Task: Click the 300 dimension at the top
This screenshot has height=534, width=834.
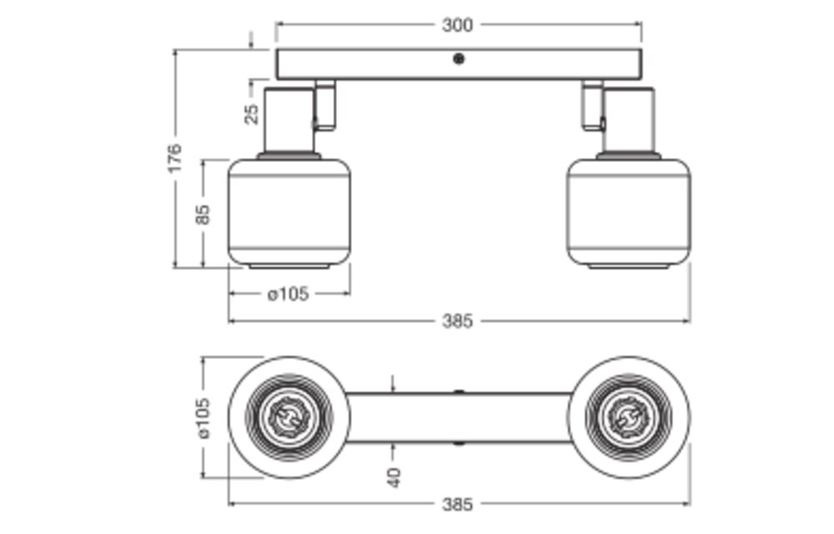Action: pyautogui.click(x=457, y=25)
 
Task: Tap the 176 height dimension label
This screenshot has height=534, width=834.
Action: pyautogui.click(x=174, y=159)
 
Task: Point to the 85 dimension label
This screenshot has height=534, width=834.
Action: pyautogui.click(x=203, y=214)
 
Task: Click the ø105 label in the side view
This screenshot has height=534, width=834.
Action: pyautogui.click(x=289, y=294)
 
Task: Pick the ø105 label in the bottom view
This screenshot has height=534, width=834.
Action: pyautogui.click(x=203, y=418)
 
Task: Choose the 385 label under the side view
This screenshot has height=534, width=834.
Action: pyautogui.click(x=457, y=320)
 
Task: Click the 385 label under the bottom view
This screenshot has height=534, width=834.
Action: pyautogui.click(x=457, y=504)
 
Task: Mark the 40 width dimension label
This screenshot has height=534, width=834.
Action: pyautogui.click(x=394, y=477)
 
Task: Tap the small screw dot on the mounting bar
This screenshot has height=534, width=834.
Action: pyautogui.click(x=458, y=58)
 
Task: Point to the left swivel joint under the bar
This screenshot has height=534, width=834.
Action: pyautogui.click(x=324, y=106)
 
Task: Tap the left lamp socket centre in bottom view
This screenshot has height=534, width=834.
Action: pyautogui.click(x=289, y=418)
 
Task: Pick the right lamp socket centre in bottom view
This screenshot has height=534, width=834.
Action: pyautogui.click(x=629, y=418)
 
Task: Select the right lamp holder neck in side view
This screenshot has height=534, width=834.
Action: pyautogui.click(x=630, y=119)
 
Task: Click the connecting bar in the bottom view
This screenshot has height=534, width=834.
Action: pyautogui.click(x=457, y=417)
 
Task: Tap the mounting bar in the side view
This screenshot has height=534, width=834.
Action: pyautogui.click(x=384, y=64)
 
